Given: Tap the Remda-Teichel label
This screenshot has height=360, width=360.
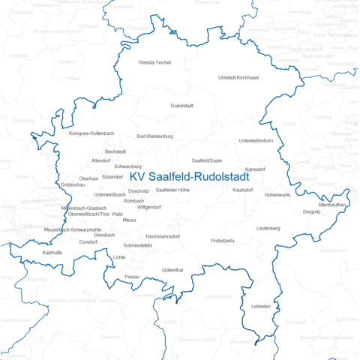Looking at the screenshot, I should pos(155,62).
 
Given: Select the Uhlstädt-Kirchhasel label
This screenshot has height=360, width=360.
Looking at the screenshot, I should pos(238,78).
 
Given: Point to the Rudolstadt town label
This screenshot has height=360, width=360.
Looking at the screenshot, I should pos(182,106).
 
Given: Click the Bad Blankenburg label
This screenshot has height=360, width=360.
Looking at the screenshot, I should pos(155,136).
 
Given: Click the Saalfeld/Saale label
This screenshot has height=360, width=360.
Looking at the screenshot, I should pos(207,160).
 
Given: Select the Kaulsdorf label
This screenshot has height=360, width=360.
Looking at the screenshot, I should pos(245,190).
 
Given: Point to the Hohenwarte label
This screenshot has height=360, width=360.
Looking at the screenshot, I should pos(277,195).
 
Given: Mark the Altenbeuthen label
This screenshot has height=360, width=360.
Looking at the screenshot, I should pos(331,204).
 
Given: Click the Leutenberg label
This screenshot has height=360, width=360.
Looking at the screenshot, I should pos(268,228).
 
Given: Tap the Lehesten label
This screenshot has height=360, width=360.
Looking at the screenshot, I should pos(261,307).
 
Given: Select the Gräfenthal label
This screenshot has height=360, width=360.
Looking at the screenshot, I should pos(172,269).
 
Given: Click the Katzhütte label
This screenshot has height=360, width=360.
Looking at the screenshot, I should pos(52,253).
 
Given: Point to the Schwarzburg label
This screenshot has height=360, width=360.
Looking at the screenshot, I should pos(127,166).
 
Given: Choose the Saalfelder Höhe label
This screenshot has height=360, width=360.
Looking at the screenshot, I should pos(172,190).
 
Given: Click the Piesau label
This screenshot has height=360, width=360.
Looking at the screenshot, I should pos(132,277).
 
